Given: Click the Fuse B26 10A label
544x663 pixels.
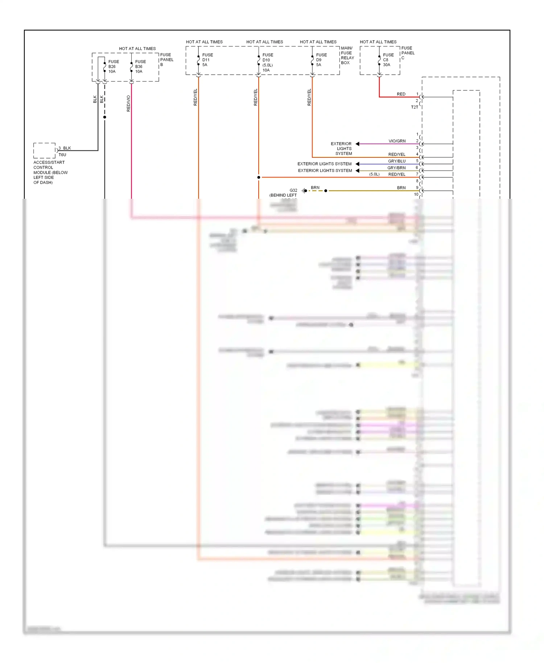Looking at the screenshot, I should [x=113, y=67].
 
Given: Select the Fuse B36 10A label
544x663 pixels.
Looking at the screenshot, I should [x=140, y=67].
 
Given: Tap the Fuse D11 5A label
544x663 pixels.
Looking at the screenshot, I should [x=207, y=60].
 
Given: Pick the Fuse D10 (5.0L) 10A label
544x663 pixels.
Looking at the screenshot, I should [x=268, y=62].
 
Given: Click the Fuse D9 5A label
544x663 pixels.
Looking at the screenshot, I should [x=321, y=60].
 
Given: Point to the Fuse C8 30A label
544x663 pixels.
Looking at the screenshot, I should [x=388, y=60].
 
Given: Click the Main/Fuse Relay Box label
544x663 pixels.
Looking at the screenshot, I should [x=347, y=55].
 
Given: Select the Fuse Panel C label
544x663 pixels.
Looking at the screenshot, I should [x=408, y=53].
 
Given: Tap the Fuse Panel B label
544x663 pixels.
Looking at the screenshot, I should [x=166, y=60].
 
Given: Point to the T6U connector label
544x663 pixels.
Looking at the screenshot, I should [x=62, y=155].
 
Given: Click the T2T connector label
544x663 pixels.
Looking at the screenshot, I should [x=414, y=107].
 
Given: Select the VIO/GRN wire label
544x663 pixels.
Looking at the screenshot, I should [x=397, y=141].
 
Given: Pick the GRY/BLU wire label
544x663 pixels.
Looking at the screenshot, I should [x=396, y=161].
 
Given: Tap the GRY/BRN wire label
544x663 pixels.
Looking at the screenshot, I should [x=396, y=168].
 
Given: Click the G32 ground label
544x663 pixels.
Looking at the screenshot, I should [x=293, y=190].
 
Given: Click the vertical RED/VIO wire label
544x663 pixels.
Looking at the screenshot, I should [x=128, y=103].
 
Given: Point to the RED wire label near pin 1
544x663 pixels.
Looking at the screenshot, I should [x=401, y=94].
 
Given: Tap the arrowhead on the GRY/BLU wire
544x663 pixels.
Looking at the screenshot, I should [x=357, y=164].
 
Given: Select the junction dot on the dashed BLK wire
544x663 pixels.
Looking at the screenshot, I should [x=105, y=117].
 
